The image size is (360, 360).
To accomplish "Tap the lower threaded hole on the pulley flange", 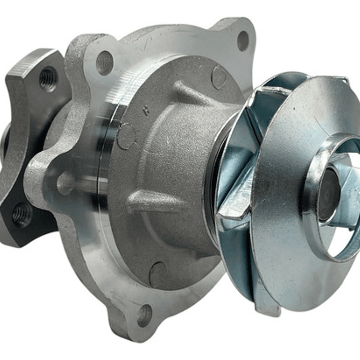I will (22, 214).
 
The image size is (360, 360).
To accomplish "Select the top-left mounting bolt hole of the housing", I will (105, 62).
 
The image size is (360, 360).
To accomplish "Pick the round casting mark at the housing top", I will (219, 77).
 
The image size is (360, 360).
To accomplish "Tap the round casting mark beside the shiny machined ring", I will (126, 136).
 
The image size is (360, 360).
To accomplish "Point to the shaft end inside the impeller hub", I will (327, 193).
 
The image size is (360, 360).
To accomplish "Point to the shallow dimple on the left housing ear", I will (65, 183).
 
